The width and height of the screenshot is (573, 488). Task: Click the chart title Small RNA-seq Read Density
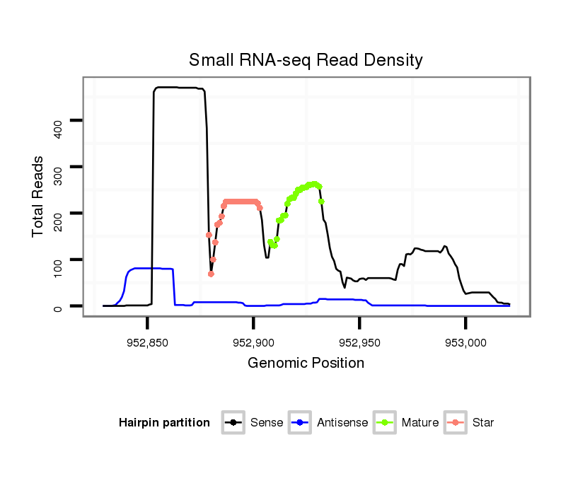click(306, 60)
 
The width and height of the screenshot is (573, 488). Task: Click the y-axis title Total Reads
click(39, 196)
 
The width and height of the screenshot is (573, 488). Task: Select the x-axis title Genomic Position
click(306, 364)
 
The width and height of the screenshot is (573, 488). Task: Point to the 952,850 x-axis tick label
click(147, 342)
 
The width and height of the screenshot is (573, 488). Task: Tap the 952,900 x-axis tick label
click(253, 342)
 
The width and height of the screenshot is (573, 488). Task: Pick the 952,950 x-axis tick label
click(359, 342)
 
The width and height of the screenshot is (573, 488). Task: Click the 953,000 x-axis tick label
click(465, 342)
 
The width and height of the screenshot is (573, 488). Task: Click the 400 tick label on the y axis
click(59, 127)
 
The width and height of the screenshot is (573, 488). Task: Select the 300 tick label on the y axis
click(59, 174)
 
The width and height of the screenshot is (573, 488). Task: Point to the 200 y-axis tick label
click(59, 221)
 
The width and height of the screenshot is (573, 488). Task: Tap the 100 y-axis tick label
click(59, 267)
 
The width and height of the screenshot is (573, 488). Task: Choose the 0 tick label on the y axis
click(59, 307)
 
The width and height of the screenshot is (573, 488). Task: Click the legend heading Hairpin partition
click(164, 423)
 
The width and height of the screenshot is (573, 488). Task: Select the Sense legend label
click(266, 423)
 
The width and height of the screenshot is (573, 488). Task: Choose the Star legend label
click(484, 423)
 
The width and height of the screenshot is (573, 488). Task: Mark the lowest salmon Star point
click(211, 274)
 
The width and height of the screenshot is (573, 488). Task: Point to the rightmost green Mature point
click(321, 202)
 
